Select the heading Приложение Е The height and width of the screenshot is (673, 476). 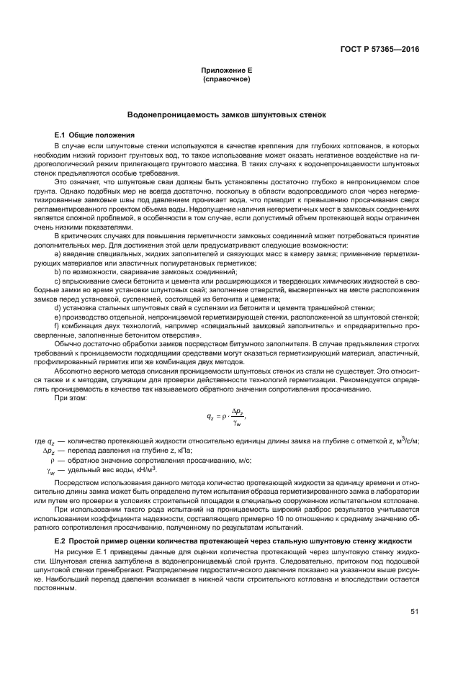(x=227, y=71)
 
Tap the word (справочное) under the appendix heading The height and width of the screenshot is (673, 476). (x=227, y=78)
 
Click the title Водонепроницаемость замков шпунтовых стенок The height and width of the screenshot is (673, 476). (x=227, y=114)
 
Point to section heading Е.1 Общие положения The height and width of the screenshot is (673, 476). (x=94, y=135)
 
